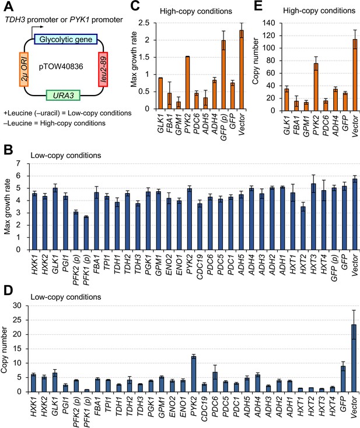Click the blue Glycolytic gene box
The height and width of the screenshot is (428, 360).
tap(65, 39)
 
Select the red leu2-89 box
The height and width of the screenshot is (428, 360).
tap(103, 69)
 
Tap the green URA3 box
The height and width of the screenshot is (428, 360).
tap(63, 95)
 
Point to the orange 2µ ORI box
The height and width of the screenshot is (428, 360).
tap(24, 69)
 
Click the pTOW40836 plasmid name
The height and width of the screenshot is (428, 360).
tap(61, 66)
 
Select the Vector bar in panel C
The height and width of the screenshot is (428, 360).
tap(242, 69)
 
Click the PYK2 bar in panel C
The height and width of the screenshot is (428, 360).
tap(187, 83)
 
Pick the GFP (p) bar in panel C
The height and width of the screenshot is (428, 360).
tap(223, 75)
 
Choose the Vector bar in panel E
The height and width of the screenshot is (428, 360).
tap(355, 75)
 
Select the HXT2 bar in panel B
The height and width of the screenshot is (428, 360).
tap(303, 228)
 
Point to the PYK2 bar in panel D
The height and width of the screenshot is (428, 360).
tap(194, 374)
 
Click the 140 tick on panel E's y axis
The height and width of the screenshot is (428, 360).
tap(269, 23)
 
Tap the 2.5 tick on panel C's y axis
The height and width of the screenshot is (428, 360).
tap(144, 23)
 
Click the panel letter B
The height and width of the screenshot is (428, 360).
tap(8, 149)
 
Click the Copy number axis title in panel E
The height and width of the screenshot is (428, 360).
tap(256, 61)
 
